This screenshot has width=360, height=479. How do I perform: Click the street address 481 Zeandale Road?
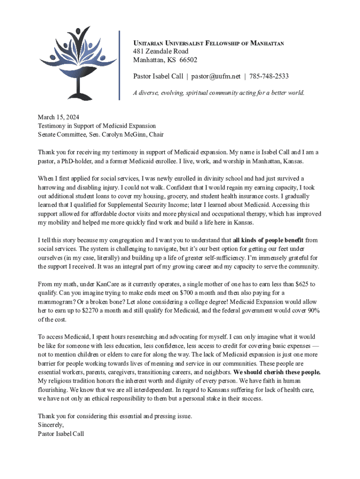coord(161,51)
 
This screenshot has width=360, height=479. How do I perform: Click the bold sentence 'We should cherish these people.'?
coord(277,372)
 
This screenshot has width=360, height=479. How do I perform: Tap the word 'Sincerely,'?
coord(51,425)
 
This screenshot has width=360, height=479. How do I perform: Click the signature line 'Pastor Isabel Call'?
coord(61,434)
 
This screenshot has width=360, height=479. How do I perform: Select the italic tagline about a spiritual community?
coord(219,93)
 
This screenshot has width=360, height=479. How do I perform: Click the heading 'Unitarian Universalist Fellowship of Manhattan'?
coord(209,43)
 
